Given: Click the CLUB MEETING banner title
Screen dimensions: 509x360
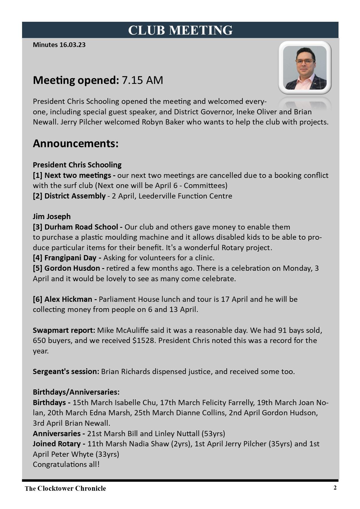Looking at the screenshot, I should point(180,30).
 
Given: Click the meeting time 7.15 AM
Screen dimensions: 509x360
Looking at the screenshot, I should point(142,80).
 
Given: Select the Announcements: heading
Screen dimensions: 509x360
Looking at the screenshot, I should point(75,143).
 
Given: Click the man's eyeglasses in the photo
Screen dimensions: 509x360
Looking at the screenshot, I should point(305,61).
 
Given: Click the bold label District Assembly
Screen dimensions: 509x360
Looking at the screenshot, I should point(75,196).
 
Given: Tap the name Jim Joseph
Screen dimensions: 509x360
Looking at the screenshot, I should point(52,216).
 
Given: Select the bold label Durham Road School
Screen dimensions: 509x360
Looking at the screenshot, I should point(81,227).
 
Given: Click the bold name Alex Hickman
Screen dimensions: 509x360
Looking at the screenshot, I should point(68,299).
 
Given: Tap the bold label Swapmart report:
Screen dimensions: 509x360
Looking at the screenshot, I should point(64,330).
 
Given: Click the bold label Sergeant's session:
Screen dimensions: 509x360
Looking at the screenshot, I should point(66,371).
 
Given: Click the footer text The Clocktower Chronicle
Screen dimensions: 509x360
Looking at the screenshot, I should point(65,488).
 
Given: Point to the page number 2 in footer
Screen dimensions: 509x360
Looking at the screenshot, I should point(335,488).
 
